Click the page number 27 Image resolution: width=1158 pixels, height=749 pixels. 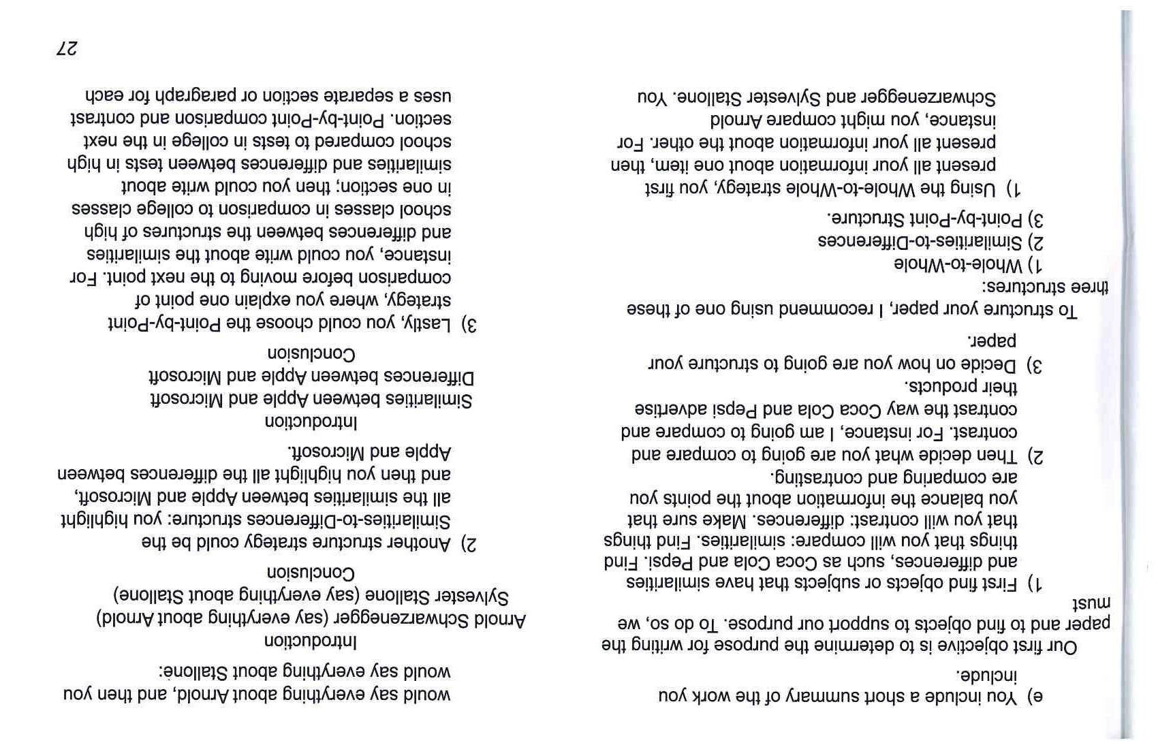[x=67, y=48]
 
